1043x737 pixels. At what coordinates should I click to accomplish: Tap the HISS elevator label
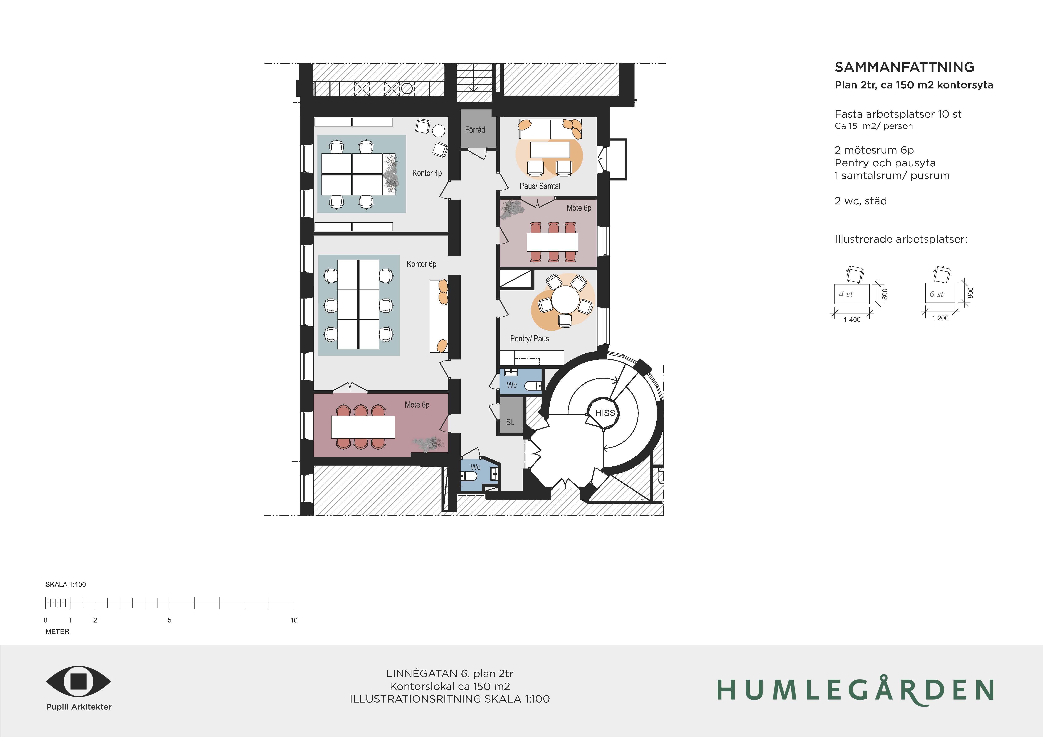click(605, 413)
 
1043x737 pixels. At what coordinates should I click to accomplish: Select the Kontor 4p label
click(427, 173)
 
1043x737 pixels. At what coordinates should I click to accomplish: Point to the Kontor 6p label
click(422, 264)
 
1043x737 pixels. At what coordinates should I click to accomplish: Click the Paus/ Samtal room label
click(540, 186)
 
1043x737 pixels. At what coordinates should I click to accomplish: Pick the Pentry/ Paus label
click(530, 338)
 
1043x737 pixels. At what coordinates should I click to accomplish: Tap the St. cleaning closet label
click(510, 422)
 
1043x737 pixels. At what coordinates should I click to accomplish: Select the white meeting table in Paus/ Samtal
click(550, 149)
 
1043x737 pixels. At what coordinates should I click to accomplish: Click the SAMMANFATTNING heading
click(904, 67)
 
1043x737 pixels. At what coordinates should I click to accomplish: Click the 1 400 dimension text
click(852, 320)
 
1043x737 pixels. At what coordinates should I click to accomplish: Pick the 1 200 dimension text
click(940, 318)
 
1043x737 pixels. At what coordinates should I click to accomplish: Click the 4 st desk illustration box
click(852, 294)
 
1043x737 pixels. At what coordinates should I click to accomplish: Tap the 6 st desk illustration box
click(940, 293)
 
